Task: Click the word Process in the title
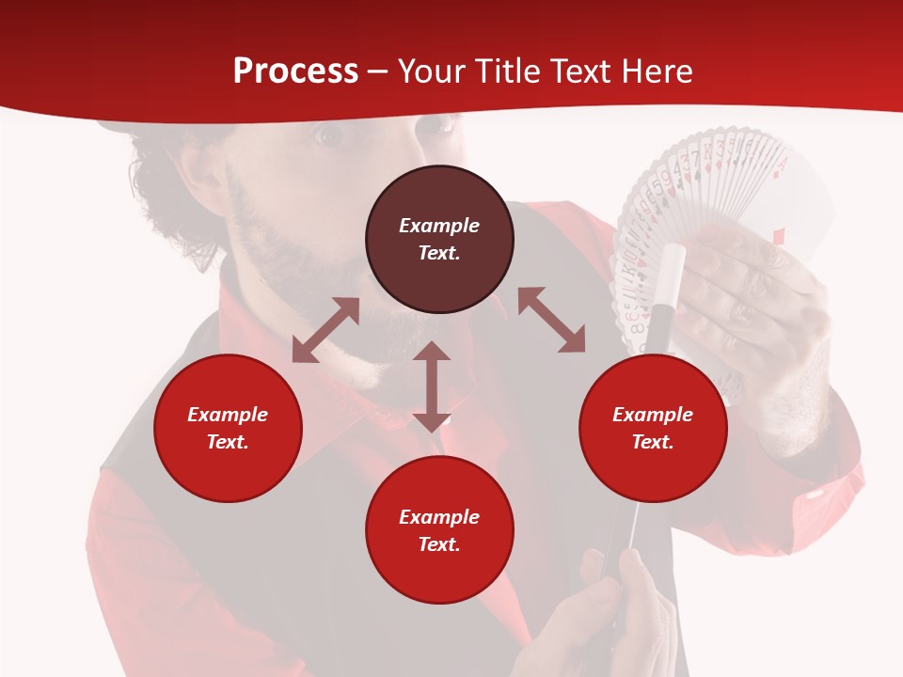click(x=295, y=71)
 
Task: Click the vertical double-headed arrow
click(x=432, y=386)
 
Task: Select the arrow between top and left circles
click(x=325, y=330)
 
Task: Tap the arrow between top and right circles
click(x=551, y=321)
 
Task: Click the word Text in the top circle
click(x=439, y=253)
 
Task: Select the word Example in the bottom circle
click(x=439, y=516)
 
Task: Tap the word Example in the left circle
click(x=228, y=414)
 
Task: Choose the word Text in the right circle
click(x=653, y=442)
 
